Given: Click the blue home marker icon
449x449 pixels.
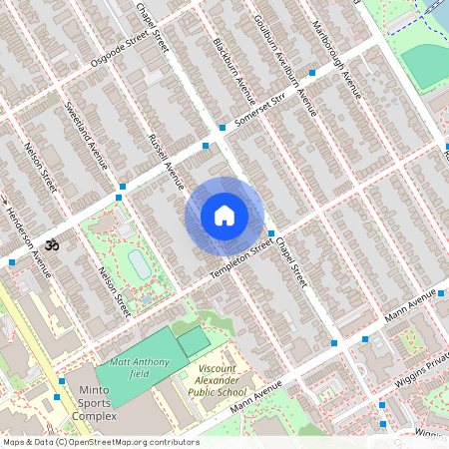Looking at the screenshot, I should pos(224,216).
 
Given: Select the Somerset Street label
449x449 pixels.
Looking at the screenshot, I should pos(259,111).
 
